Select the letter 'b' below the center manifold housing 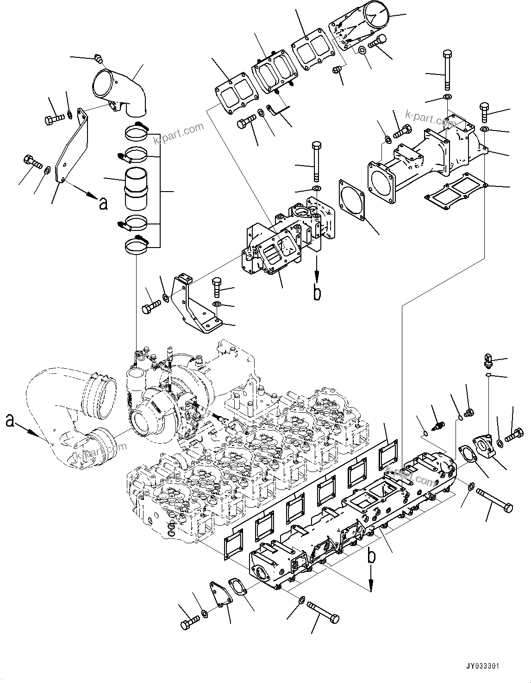click(x=317, y=293)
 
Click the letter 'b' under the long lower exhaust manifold click(x=371, y=557)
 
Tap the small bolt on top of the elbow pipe click(x=98, y=59)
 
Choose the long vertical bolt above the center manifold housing click(x=316, y=162)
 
